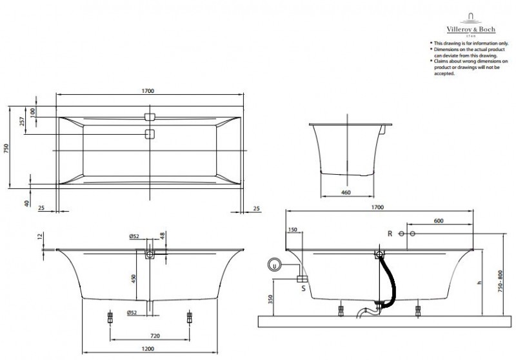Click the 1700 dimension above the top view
[149, 91]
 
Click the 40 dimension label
[27, 203]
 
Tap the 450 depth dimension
[134, 278]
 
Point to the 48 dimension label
[163, 236]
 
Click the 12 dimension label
[40, 237]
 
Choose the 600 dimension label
[439, 221]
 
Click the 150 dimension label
[294, 230]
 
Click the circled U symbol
[275, 264]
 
